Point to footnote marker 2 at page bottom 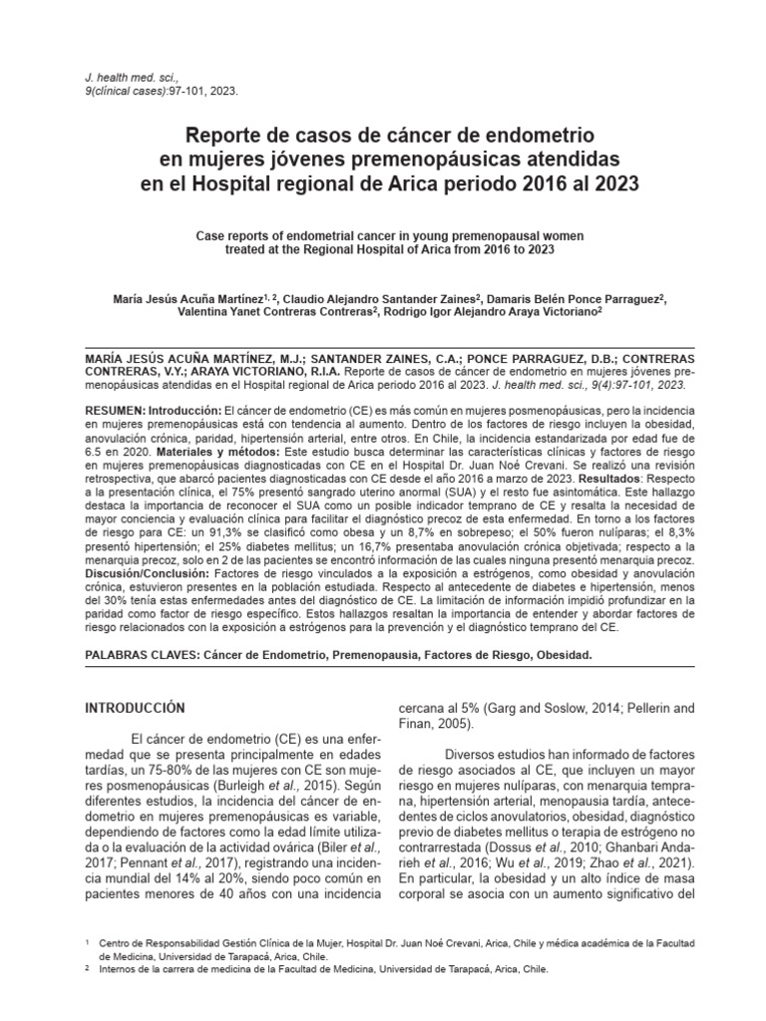(89, 966)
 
